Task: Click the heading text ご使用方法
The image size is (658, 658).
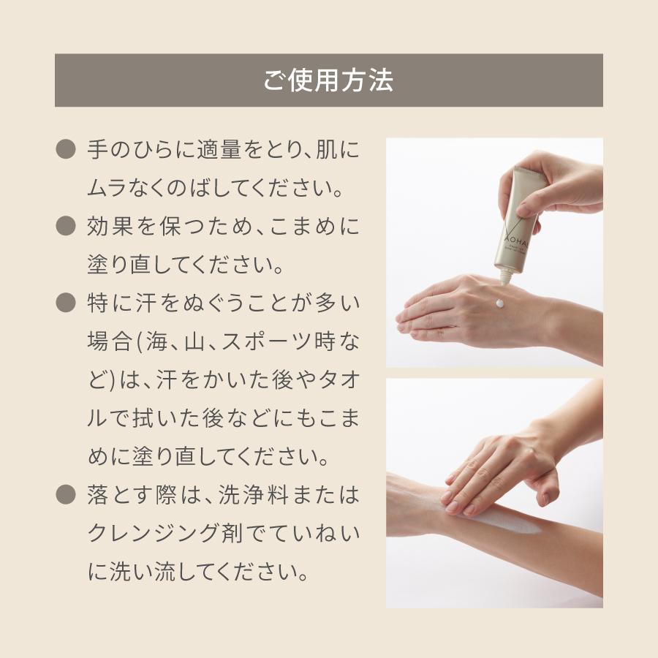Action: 328,80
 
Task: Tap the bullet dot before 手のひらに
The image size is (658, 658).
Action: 66,150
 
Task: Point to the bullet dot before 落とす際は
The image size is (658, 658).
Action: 66,495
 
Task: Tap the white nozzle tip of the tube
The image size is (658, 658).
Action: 505,277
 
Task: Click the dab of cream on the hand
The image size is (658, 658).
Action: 499,302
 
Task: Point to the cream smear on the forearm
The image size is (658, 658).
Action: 512,521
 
